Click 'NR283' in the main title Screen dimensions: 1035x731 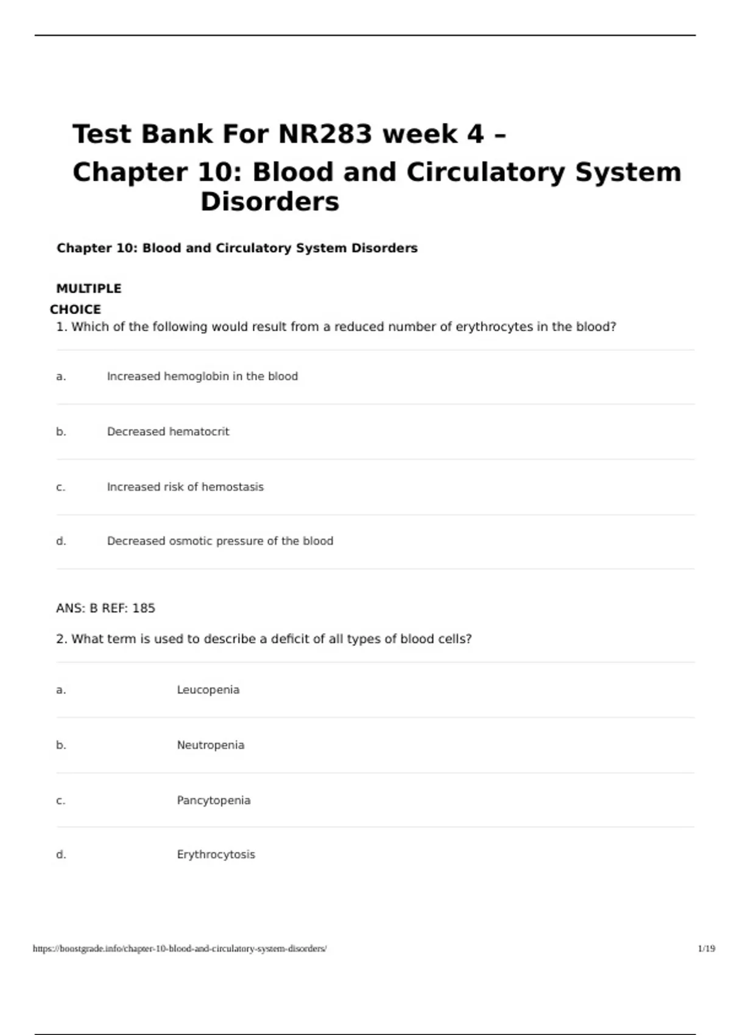(x=325, y=134)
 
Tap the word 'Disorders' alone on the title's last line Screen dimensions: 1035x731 (x=269, y=202)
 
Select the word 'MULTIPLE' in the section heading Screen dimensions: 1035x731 (x=89, y=289)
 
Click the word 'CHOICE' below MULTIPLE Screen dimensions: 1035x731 (x=76, y=309)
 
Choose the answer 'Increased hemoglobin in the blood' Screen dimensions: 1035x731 (x=202, y=376)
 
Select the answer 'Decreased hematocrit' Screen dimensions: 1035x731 (x=168, y=432)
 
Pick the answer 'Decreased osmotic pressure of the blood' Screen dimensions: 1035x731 (x=220, y=541)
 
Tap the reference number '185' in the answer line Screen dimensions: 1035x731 (x=144, y=608)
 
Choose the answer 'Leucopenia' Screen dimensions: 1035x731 (x=208, y=690)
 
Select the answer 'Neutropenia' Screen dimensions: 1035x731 (x=210, y=745)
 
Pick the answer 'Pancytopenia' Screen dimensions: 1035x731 (x=213, y=801)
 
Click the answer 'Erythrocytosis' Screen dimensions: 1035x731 (x=216, y=855)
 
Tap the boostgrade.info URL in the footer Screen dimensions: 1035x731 (x=180, y=949)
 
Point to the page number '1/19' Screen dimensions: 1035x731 (x=706, y=949)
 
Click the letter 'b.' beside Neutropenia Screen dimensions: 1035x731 (x=61, y=745)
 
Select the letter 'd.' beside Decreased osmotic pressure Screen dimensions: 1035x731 (x=61, y=541)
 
